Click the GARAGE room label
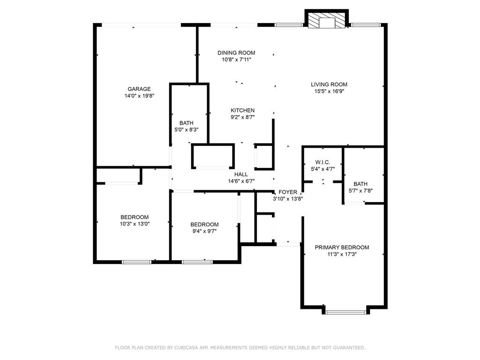click(139, 89)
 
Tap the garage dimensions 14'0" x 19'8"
click(139, 96)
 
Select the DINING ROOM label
click(236, 53)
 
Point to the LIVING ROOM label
click(329, 85)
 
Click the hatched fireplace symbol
click(326, 20)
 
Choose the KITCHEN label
click(242, 111)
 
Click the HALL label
click(241, 174)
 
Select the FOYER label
click(288, 192)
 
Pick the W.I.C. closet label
click(322, 162)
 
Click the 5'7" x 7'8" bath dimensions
click(360, 191)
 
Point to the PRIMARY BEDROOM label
click(342, 247)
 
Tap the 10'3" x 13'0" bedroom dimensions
click(135, 224)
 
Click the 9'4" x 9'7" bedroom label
click(204, 225)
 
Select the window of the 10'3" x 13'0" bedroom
click(136, 262)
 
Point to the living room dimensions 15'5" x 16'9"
click(329, 92)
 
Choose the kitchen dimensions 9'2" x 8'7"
click(242, 118)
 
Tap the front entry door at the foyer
click(288, 244)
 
